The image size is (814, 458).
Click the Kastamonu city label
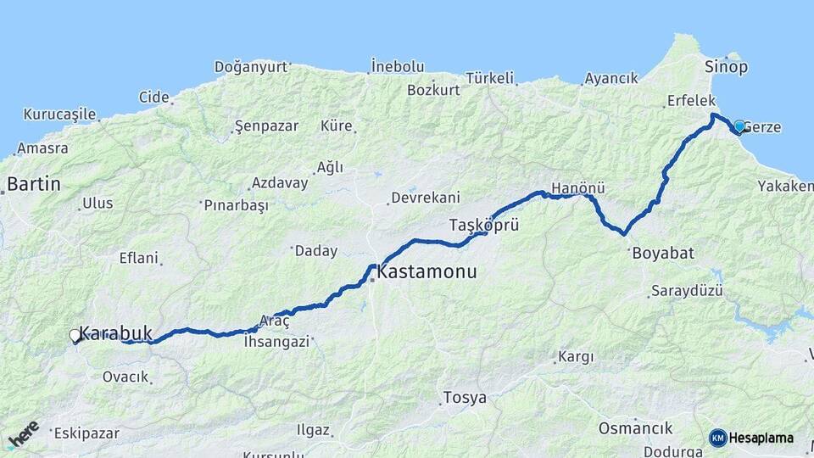coord(427,272)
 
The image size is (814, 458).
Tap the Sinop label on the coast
coord(726,66)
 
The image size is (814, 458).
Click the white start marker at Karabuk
coord(75,337)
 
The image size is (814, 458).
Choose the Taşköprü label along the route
coord(483,226)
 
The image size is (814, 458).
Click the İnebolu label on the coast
coord(397,66)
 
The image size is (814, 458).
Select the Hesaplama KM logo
coord(751,438)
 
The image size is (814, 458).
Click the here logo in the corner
coord(23,435)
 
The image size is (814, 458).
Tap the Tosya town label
coord(465,398)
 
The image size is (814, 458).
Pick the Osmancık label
coord(635,428)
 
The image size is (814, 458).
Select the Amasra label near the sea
coord(42,148)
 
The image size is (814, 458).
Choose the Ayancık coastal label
coord(610,78)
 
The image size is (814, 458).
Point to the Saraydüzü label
coord(686,291)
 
